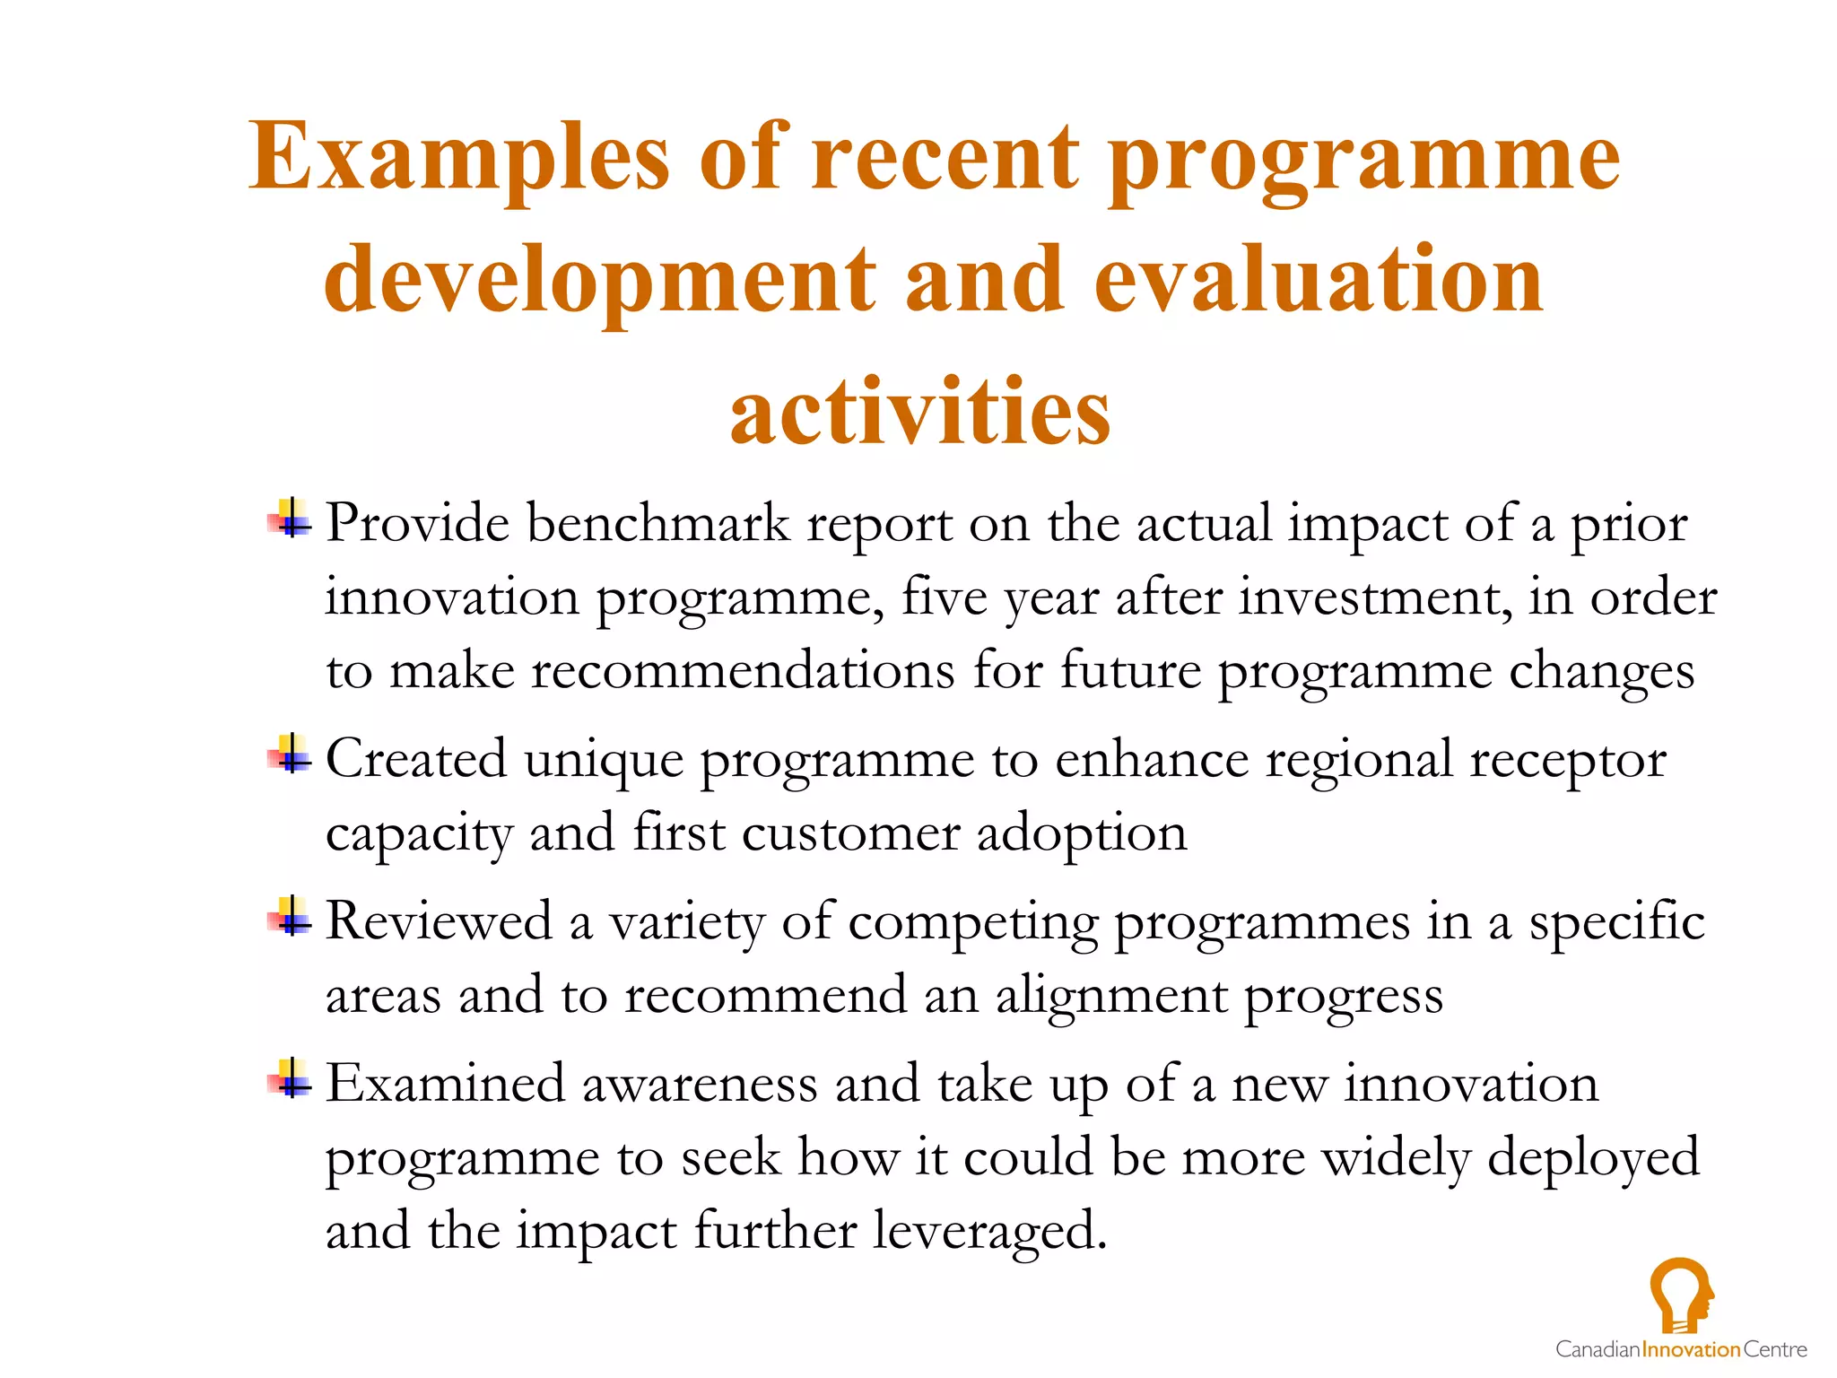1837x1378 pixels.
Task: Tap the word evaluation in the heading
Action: click(1319, 281)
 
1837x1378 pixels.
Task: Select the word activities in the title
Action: click(920, 412)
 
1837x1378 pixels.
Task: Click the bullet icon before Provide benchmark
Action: click(290, 519)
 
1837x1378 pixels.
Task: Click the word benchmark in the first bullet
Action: click(657, 524)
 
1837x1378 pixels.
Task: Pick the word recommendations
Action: click(743, 671)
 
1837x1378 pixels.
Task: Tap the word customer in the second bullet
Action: click(850, 834)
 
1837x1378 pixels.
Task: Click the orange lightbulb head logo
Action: click(1681, 1295)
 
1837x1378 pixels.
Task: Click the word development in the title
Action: click(599, 281)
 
